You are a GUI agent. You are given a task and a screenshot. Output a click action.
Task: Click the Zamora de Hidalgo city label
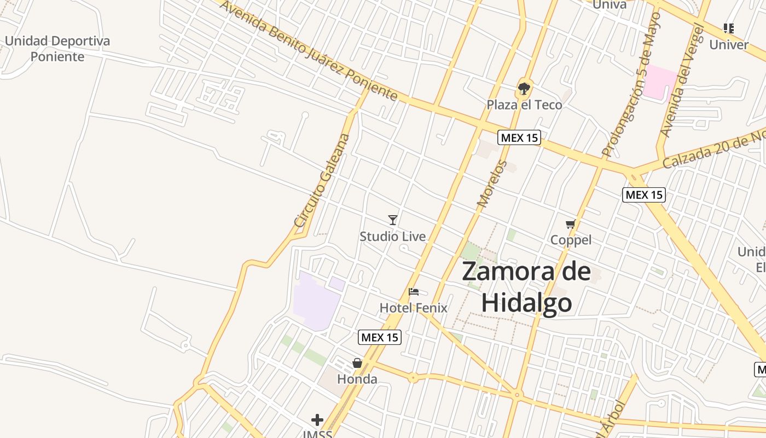[526, 287]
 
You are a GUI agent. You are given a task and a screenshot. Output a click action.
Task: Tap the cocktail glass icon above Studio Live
[393, 220]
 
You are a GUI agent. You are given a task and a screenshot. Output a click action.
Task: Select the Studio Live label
[392, 237]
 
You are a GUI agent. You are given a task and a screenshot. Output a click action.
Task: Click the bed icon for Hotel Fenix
[414, 292]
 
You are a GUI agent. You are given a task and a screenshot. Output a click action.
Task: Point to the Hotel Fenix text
[414, 308]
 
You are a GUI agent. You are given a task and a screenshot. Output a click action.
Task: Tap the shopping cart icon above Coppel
[571, 224]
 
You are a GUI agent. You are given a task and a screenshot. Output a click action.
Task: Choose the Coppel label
[571, 240]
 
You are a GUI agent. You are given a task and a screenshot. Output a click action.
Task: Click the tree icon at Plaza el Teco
[524, 88]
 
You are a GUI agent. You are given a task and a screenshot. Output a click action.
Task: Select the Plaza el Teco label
[524, 105]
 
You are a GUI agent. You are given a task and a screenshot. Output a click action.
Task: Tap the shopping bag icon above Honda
[357, 363]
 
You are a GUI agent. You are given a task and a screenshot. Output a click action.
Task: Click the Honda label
[357, 379]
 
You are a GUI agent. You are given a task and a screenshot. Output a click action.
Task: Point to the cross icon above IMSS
[317, 420]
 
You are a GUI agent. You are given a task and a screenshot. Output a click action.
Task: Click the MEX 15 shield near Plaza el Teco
[519, 138]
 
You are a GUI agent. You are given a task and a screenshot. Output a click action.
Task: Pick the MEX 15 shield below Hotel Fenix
[380, 337]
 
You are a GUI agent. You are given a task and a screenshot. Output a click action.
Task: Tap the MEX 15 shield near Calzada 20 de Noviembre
[644, 194]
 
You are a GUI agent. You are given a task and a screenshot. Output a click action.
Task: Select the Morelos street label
[492, 184]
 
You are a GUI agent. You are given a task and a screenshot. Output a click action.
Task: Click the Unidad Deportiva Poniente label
[57, 49]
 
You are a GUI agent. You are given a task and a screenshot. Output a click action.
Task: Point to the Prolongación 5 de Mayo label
[632, 85]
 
